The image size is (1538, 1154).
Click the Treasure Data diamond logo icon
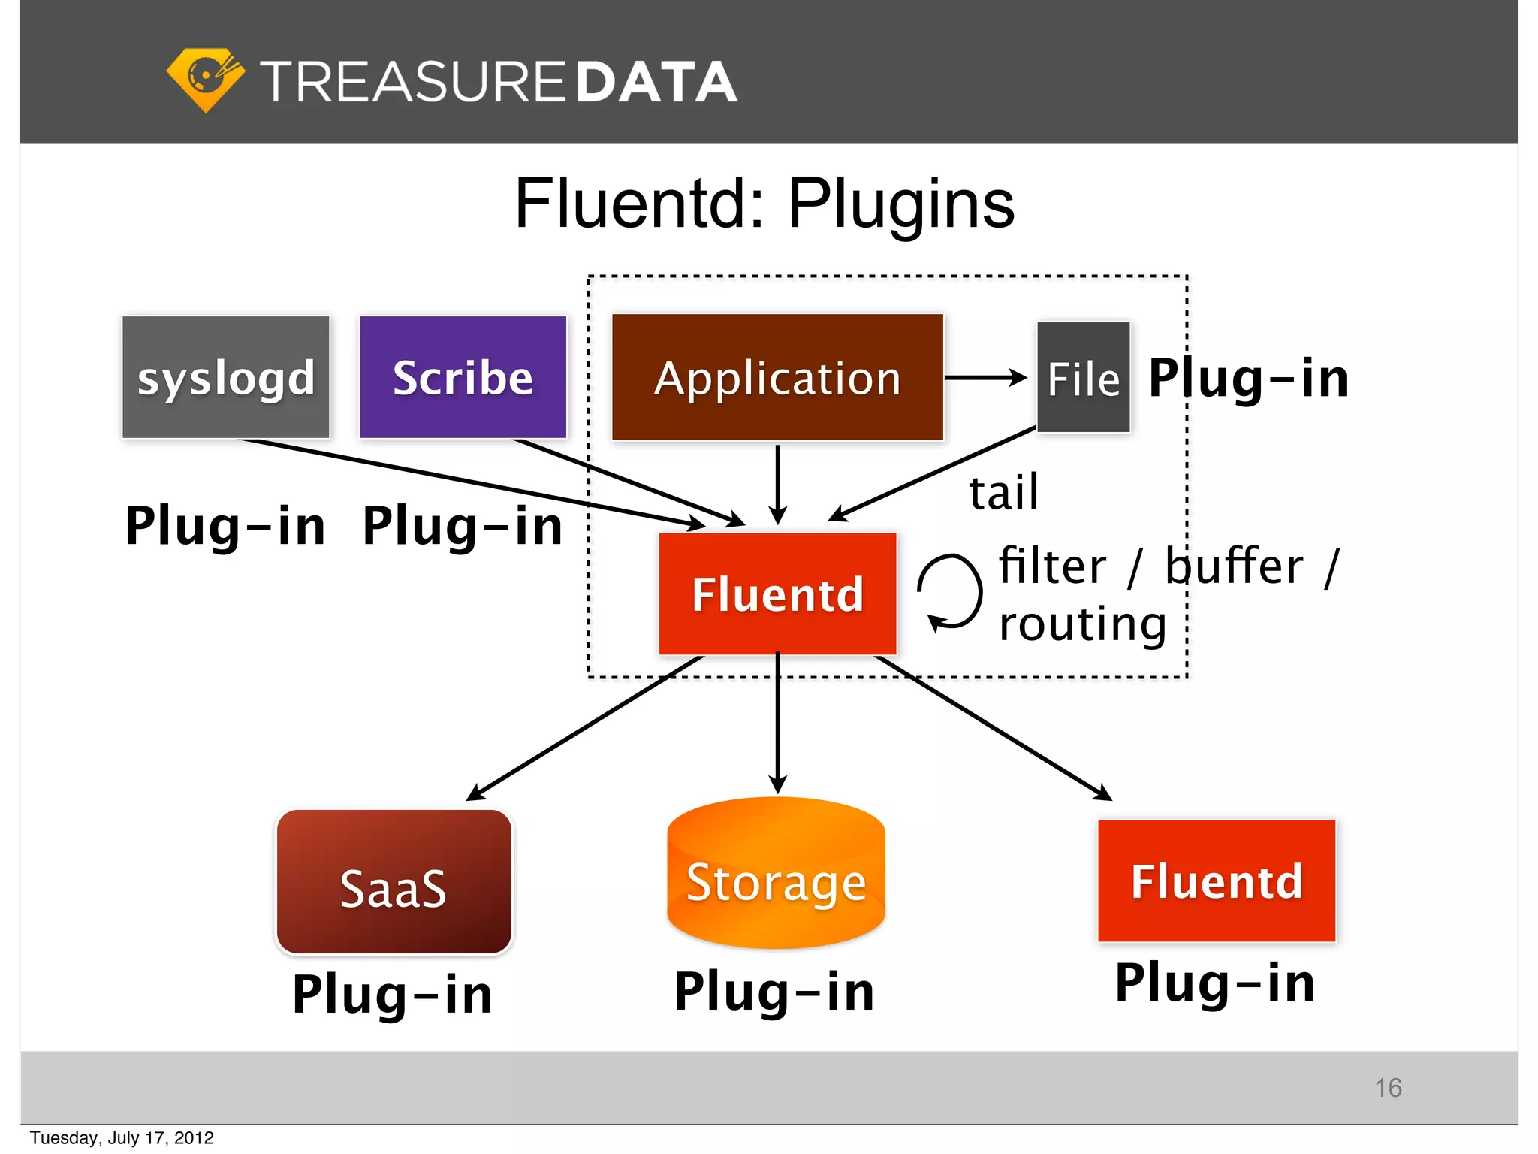205,80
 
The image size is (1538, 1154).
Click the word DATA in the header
656,82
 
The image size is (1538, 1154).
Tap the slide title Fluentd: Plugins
764,204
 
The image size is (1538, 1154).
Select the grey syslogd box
226,377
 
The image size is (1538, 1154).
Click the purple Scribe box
463,377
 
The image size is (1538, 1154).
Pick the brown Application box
777,377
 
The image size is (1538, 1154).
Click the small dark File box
1083,377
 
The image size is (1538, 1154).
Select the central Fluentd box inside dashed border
777,594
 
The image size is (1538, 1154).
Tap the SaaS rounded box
394,882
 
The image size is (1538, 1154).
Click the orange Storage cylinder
776,875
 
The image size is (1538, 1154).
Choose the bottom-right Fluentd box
1217,881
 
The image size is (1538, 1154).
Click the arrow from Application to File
985,377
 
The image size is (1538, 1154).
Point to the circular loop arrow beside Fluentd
951,592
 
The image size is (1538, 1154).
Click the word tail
1003,493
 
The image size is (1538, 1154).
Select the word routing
1082,624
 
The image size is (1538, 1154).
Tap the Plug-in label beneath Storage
774,992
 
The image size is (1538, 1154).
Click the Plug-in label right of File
1248,378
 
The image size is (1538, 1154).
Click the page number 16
1388,1088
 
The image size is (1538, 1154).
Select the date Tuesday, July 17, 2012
122,1138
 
